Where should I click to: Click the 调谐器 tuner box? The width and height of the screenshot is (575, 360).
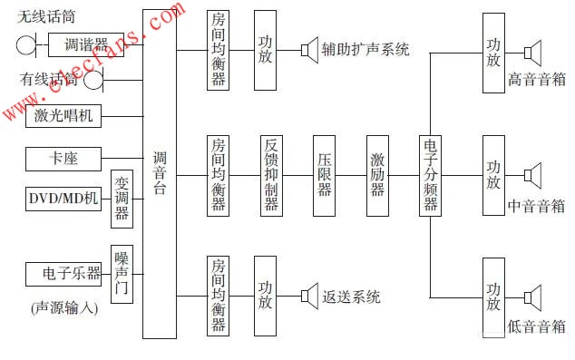(86, 44)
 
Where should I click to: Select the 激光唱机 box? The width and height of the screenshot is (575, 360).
(63, 116)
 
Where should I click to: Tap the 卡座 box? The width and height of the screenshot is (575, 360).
(63, 159)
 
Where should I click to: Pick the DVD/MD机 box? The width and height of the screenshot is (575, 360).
(63, 199)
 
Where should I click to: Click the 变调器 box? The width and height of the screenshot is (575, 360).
(122, 199)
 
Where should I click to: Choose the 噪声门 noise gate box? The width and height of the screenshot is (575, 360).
(122, 274)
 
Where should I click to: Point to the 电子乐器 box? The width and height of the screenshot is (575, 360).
(63, 274)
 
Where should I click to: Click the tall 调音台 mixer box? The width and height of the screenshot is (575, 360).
(160, 174)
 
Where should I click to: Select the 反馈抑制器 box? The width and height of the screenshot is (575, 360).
(271, 176)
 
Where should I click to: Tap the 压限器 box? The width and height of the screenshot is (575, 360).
(324, 176)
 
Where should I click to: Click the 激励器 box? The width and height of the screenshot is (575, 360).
(377, 176)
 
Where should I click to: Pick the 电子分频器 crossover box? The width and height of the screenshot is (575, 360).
(430, 176)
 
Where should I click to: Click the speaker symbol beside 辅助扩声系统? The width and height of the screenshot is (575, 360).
(309, 50)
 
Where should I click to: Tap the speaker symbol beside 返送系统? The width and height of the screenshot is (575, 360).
(309, 296)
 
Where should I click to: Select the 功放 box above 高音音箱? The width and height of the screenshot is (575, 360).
(493, 53)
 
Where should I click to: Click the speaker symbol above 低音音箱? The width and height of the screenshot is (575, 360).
(533, 298)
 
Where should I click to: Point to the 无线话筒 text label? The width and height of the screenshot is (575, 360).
(46, 17)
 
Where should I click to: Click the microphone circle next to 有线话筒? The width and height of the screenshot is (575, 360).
(93, 80)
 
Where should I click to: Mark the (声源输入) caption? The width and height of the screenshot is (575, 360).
(64, 308)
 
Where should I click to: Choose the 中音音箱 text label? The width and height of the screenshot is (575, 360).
(537, 206)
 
